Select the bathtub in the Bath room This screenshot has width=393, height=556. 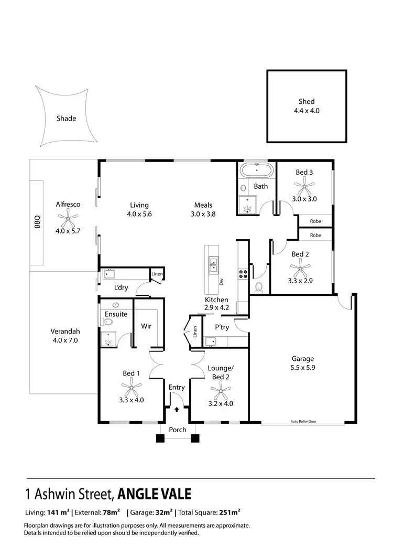257,172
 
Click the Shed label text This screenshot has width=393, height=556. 307,102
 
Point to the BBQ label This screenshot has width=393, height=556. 37,224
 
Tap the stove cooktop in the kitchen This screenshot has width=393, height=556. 244,273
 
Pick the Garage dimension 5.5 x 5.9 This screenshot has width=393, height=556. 302,368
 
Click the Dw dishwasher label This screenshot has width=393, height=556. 222,282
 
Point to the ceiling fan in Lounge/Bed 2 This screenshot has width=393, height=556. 220,390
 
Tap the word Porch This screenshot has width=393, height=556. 178,430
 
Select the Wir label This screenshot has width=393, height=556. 146,326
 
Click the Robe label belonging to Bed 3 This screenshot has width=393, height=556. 315,221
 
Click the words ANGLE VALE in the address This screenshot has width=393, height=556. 155,494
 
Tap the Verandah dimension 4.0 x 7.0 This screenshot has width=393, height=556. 65,341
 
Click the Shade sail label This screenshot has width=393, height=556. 67,119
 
